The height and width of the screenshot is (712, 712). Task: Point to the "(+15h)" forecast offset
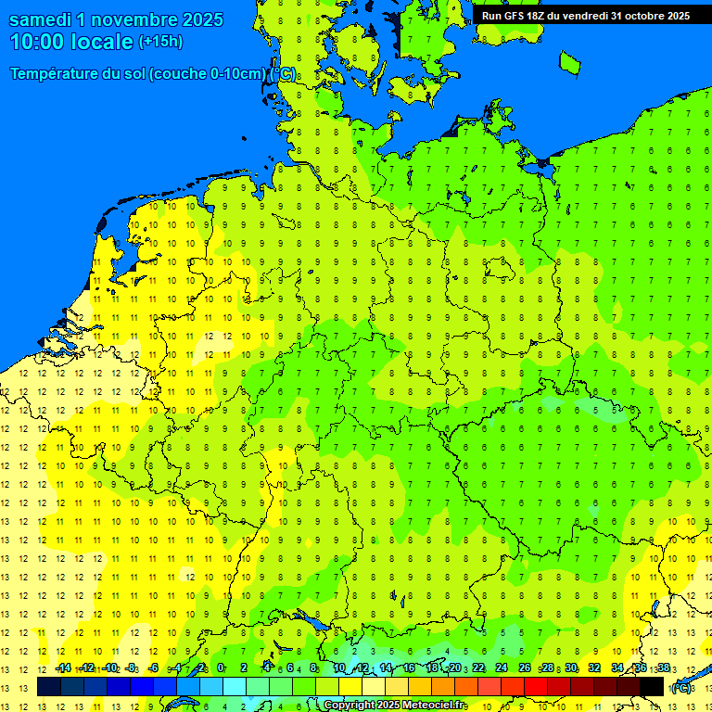160,42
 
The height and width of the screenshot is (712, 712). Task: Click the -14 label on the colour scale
63,667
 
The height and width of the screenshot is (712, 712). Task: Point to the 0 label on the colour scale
221,667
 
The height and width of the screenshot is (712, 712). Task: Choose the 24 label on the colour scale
502,667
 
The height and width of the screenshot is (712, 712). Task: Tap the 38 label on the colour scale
664,667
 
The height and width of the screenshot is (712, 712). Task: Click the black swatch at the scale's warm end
652,686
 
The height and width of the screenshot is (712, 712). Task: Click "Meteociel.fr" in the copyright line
435,706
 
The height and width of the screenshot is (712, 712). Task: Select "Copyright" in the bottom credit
350,706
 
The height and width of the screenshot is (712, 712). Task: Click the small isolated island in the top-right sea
569,62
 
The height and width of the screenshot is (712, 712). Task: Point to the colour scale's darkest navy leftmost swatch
49,686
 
